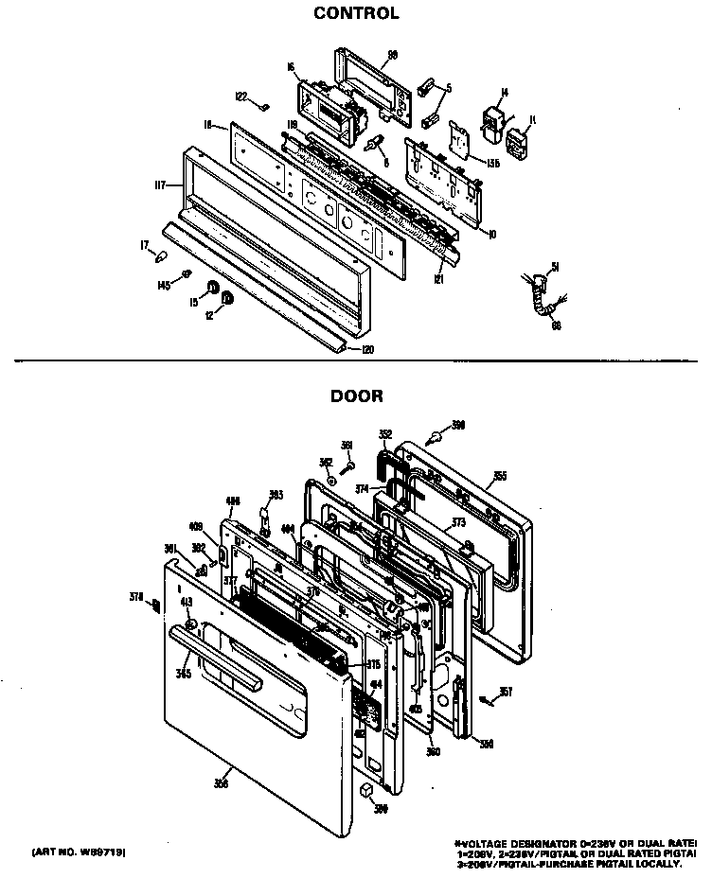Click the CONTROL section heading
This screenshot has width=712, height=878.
point(356,13)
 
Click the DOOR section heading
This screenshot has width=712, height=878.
point(356,396)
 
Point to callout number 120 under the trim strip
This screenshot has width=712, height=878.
point(367,350)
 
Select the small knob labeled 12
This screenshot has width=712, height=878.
point(228,301)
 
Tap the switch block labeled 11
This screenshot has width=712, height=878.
point(518,141)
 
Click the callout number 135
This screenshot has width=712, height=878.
point(491,162)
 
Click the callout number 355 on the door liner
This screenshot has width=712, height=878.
point(500,476)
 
